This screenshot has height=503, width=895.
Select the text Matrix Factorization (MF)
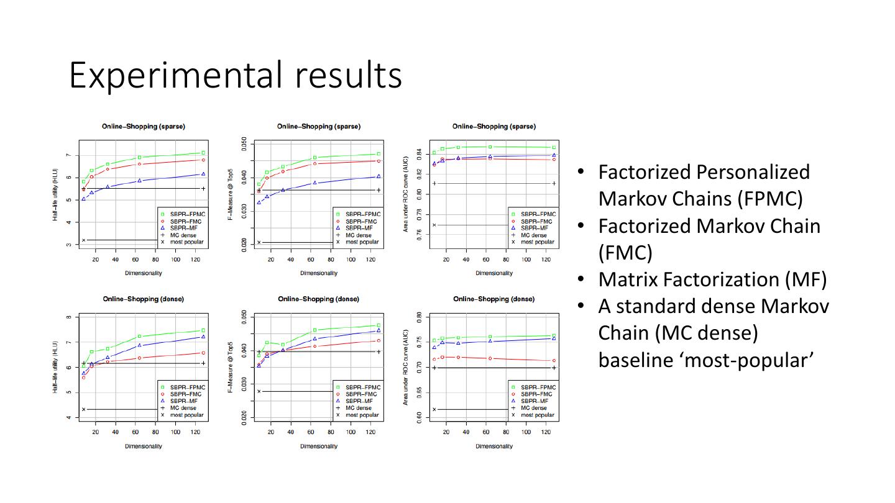(x=712, y=279)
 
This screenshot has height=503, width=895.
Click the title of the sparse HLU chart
(x=144, y=127)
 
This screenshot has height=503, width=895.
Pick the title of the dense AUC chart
(x=493, y=299)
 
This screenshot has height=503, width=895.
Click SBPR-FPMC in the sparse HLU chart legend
(x=188, y=214)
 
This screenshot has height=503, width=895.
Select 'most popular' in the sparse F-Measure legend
(x=363, y=242)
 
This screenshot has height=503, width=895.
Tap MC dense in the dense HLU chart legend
(x=183, y=408)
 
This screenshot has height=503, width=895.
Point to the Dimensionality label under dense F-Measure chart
(x=318, y=446)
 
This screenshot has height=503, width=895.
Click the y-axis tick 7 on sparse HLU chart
(x=68, y=155)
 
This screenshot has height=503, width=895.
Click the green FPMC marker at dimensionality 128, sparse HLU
(x=203, y=153)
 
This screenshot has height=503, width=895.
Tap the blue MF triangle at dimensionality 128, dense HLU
(x=203, y=337)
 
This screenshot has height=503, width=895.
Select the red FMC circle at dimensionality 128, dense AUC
(x=554, y=361)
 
